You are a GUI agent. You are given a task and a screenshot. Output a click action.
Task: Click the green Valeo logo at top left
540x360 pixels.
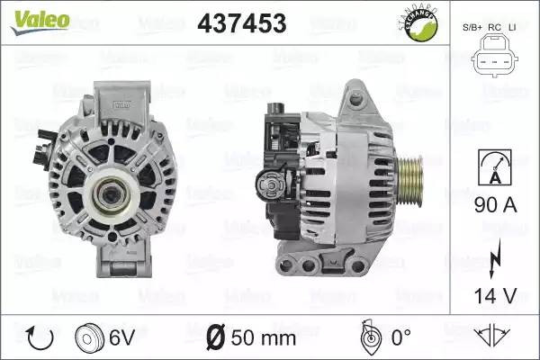40,22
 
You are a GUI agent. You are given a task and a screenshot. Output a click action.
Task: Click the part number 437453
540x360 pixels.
242,23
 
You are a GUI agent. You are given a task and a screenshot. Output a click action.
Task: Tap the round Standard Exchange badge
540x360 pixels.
419,23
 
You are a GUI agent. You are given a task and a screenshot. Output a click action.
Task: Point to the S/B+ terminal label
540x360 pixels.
472,28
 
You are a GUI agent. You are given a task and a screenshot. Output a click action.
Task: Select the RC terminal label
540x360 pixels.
494,28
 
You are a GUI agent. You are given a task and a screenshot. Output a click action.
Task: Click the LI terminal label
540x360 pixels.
512,28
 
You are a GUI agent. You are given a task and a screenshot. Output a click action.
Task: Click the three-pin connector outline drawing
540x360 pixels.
494,55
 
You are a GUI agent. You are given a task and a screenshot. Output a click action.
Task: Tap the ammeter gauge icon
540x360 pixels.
495,167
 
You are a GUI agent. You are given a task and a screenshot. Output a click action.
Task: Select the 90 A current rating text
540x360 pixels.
496,204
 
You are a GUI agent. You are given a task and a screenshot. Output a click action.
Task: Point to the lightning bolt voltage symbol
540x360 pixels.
495,258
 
